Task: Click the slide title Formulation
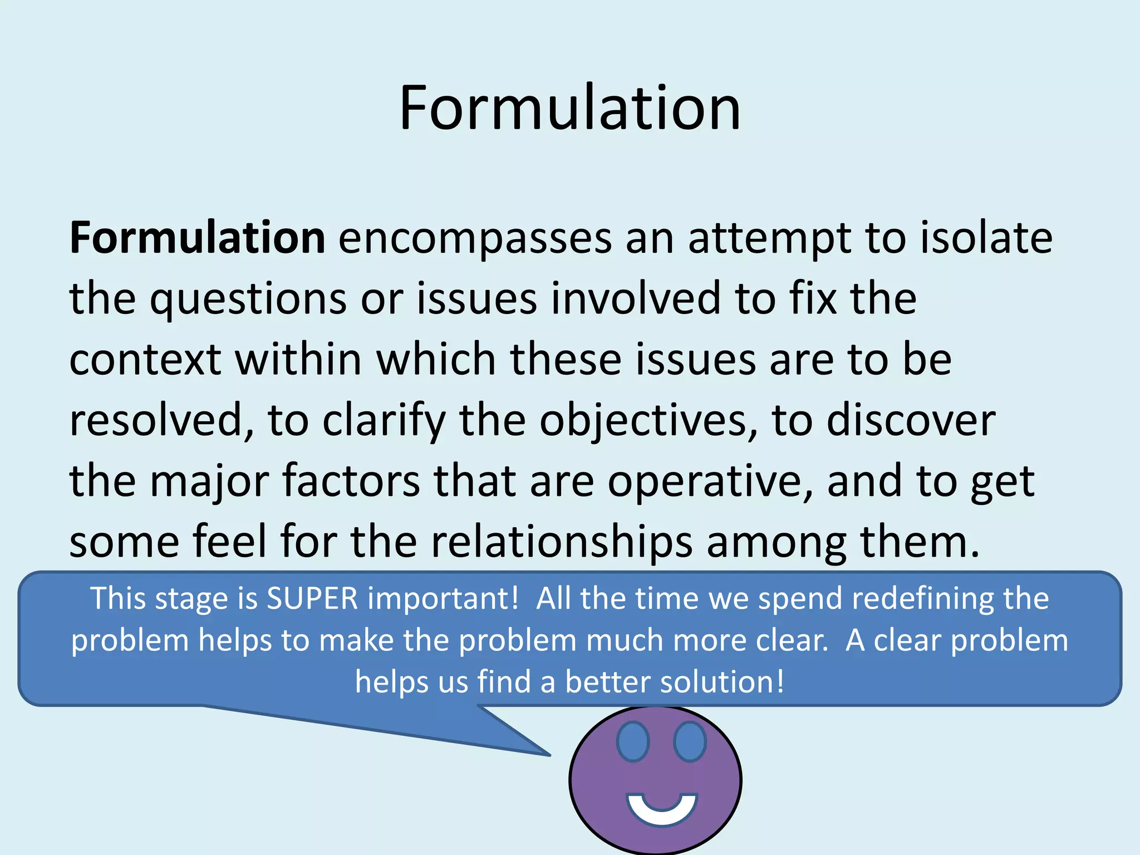570,108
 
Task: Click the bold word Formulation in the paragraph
197,238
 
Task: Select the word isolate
986,238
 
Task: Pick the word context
145,360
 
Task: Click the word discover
911,420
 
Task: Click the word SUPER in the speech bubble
312,599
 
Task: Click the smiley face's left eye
633,741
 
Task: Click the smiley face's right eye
690,741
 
